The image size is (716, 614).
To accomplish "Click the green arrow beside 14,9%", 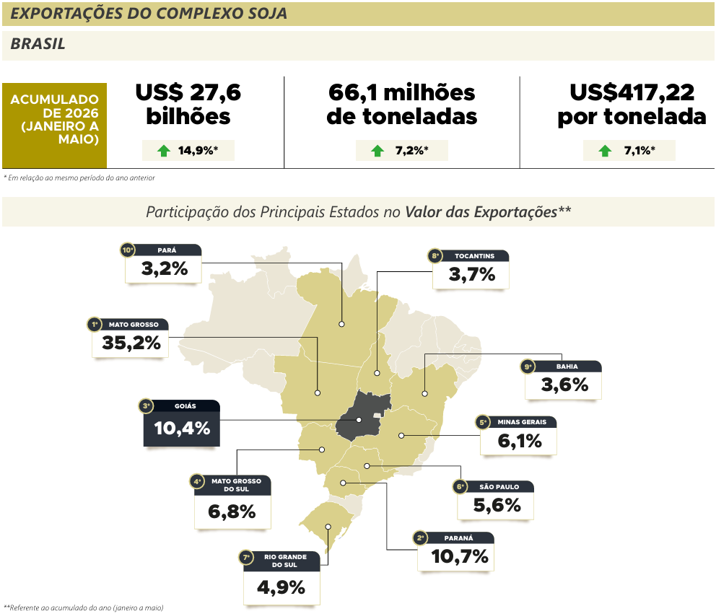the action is tap(163, 151).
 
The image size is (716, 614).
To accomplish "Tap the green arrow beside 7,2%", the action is tap(377, 151).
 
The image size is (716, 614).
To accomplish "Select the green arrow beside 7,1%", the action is tap(605, 151).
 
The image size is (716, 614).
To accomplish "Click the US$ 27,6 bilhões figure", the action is tap(188, 104).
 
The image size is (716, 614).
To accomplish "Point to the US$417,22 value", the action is tap(632, 92).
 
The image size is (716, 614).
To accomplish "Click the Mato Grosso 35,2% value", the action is tap(131, 343).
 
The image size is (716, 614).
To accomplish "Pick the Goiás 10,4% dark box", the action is tap(182, 424).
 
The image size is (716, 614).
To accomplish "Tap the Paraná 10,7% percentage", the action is tap(460, 556).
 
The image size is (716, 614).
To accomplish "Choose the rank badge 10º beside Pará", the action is tap(128, 250).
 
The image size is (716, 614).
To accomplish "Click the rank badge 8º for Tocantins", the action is tap(436, 255).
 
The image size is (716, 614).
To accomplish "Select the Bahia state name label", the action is tap(567, 367).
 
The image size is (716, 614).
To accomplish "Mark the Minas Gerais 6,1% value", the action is tap(520, 441).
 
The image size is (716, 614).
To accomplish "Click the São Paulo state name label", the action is tap(499, 486).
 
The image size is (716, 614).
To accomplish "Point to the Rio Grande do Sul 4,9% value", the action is tap(281, 587).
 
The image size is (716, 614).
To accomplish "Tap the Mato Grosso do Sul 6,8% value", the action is tap(232, 512).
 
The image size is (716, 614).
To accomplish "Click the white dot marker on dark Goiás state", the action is tap(359, 420).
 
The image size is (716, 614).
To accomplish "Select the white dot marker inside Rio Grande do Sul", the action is tap(328, 527).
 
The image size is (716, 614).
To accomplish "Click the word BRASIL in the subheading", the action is tap(38, 44).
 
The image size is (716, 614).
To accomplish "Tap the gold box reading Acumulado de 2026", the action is tap(54, 126).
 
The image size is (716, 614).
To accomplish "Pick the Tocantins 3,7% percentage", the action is tap(472, 274).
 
